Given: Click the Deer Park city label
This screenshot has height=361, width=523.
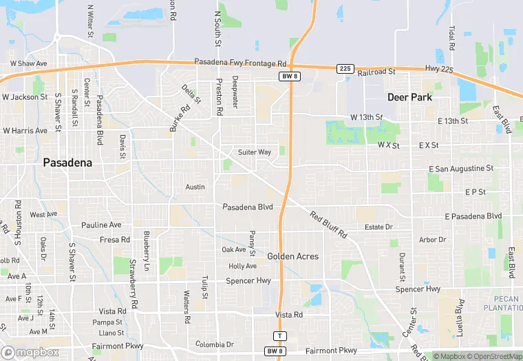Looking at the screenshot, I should [x=409, y=97].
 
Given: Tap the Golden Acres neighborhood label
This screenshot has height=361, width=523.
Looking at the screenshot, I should [x=292, y=256].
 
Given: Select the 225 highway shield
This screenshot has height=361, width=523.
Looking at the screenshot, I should [x=345, y=69].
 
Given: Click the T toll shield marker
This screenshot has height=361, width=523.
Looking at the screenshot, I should [x=279, y=336].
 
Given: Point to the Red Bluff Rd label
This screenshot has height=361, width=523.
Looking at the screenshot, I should [x=328, y=225].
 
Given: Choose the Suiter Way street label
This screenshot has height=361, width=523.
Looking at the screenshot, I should [x=255, y=152].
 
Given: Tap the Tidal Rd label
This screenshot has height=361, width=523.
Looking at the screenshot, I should [x=452, y=39].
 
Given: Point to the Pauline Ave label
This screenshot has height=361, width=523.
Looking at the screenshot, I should [x=101, y=225].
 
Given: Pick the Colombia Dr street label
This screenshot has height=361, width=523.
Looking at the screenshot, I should [x=215, y=344].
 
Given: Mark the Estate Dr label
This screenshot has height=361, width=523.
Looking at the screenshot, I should [x=378, y=227].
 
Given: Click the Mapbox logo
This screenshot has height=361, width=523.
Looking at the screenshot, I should [x=30, y=352].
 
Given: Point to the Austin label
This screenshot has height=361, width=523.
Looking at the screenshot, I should [x=195, y=187].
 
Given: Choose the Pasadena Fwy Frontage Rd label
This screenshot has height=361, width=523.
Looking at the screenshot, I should [x=239, y=63].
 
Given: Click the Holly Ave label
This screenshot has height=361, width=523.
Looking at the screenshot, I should [x=242, y=266].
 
